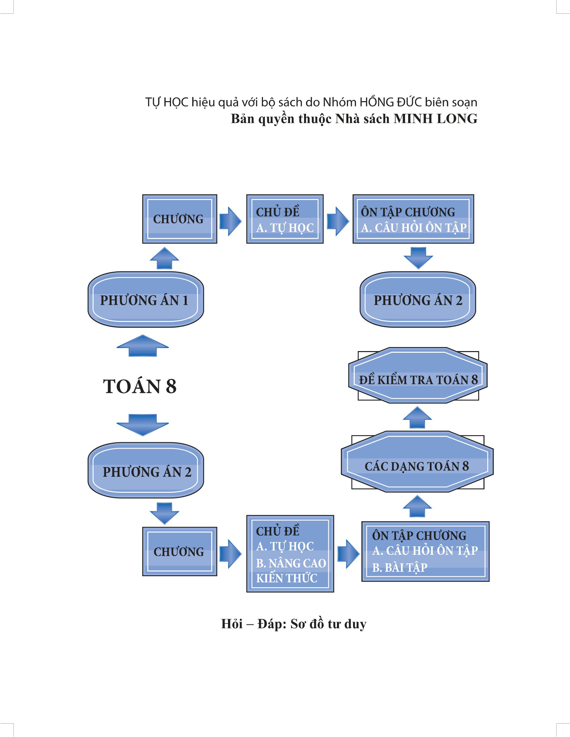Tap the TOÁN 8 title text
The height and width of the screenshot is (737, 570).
pyautogui.click(x=139, y=386)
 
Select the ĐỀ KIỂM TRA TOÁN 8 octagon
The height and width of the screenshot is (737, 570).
pyautogui.click(x=418, y=380)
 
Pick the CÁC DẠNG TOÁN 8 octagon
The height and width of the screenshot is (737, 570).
pyautogui.click(x=417, y=466)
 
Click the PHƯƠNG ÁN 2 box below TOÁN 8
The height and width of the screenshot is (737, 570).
pyautogui.click(x=146, y=471)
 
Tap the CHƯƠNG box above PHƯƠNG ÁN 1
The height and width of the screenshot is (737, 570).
pyautogui.click(x=179, y=219)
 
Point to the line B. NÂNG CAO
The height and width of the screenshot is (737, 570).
pyautogui.click(x=291, y=563)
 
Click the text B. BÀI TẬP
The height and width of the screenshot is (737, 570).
pyautogui.click(x=399, y=567)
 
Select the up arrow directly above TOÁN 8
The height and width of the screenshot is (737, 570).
pyautogui.click(x=142, y=346)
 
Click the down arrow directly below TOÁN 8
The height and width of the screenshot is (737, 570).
pyautogui.click(x=142, y=424)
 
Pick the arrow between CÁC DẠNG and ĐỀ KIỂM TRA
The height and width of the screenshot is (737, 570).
pyautogui.click(x=417, y=417)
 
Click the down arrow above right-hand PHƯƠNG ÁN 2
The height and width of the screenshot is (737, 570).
pyautogui.click(x=418, y=258)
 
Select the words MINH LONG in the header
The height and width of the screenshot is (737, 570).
pyautogui.click(x=435, y=119)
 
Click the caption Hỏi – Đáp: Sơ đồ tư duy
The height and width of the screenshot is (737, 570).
pyautogui.click(x=293, y=624)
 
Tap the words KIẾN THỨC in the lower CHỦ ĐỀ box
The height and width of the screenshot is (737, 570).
pyautogui.click(x=287, y=578)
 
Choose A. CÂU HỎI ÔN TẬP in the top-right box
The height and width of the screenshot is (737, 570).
pyautogui.click(x=414, y=228)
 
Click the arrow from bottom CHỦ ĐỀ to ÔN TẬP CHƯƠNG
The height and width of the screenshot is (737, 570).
pyautogui.click(x=348, y=553)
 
